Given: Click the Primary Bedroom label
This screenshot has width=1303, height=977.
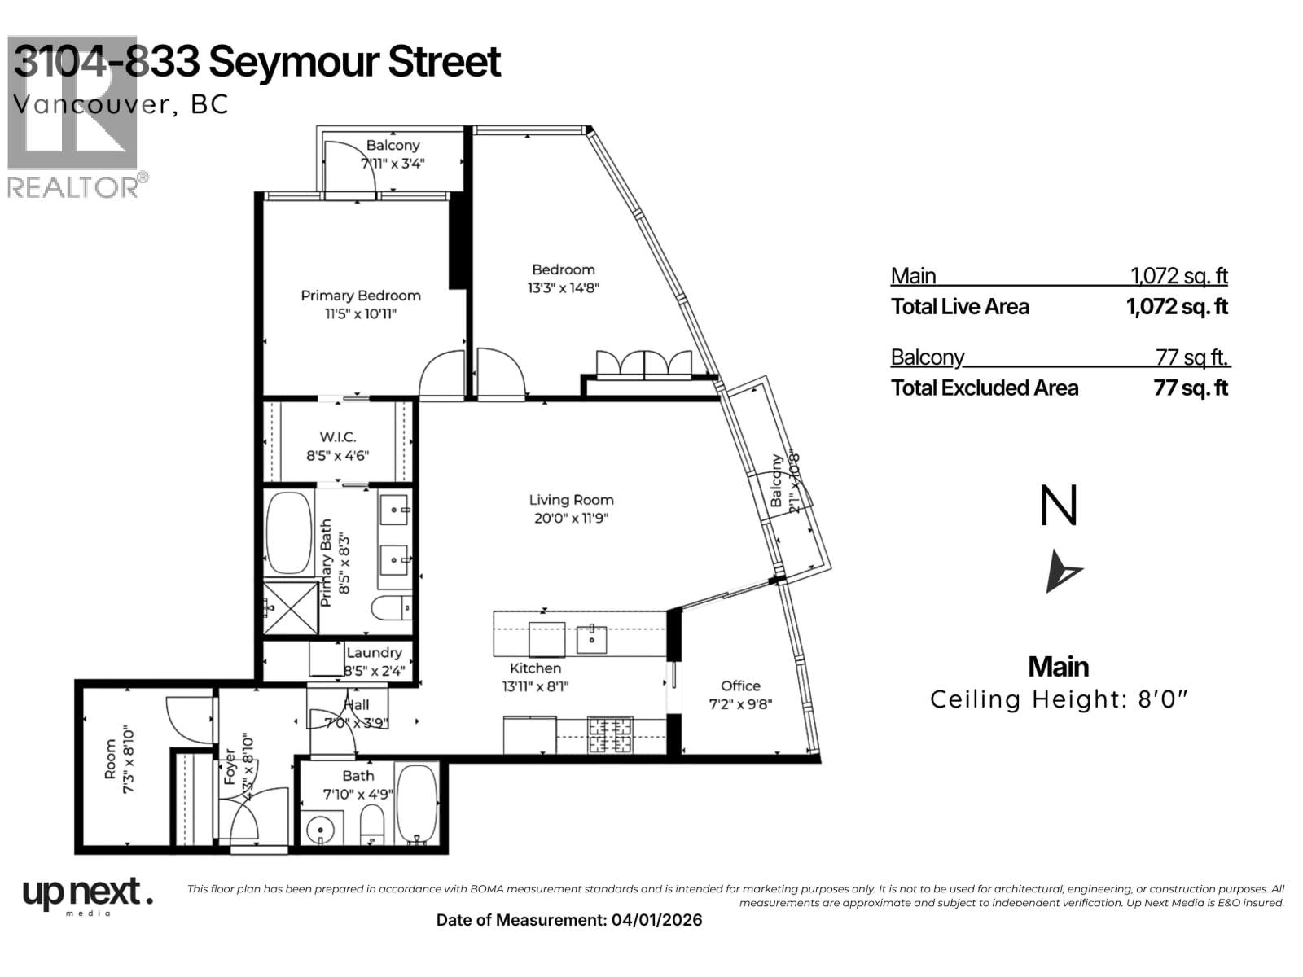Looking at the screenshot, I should pos(361,296).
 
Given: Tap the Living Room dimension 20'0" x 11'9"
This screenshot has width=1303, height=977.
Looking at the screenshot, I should pos(571,519).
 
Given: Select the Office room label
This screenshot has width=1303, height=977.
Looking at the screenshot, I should pos(740,686).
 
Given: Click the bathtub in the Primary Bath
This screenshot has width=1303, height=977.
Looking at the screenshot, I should pos(289,533).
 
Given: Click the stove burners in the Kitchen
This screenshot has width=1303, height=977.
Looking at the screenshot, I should pos(610,735).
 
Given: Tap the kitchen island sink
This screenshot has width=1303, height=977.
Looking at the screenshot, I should pos(591,639).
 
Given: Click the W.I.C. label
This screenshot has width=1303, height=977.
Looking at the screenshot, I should pos(337,437).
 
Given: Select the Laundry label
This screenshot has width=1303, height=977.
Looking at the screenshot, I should pos(374,652).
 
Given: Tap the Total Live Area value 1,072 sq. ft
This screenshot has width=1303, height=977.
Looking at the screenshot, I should pos(1177,307).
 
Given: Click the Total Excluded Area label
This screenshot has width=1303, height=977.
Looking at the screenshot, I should pos(984,388).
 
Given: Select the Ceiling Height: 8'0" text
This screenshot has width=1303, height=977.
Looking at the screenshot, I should pos(1059,699).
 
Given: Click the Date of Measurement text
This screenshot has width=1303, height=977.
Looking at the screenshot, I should pos(568,920).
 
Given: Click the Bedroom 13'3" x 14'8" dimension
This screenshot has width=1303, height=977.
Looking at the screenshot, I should pos(563,287).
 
